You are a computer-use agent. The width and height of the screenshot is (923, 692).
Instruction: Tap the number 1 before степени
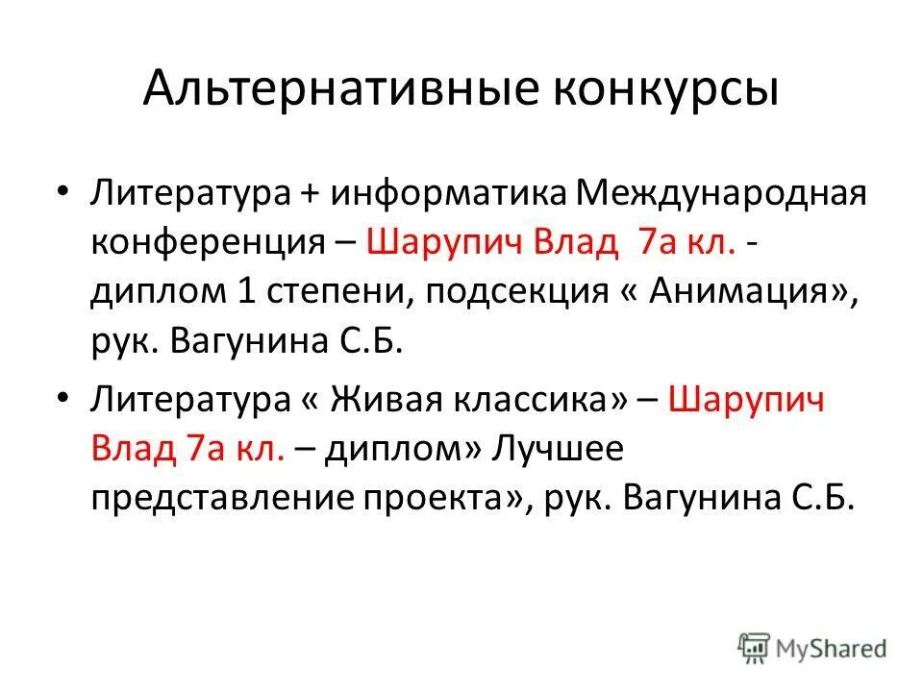(244, 292)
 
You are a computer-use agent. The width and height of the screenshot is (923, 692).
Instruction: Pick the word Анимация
(747, 292)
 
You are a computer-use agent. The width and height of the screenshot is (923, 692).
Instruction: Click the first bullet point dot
(62, 189)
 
